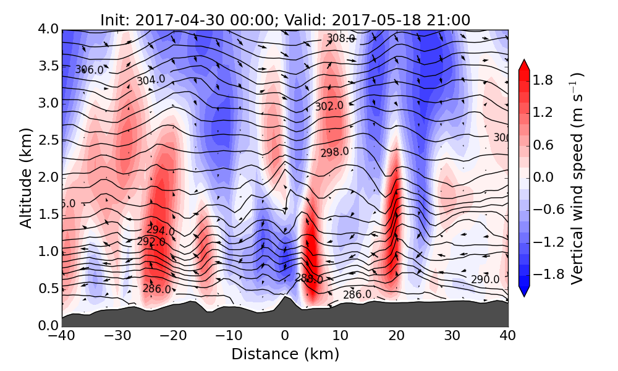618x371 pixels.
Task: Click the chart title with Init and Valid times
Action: coord(285,20)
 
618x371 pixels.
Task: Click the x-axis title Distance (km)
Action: coord(285,354)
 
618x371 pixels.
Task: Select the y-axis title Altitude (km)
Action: coord(25,177)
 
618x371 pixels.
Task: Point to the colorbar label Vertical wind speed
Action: coord(577,178)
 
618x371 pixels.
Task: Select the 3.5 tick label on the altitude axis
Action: coord(45,66)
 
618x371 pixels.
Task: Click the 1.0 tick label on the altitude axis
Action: coord(45,251)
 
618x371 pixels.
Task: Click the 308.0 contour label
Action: coord(341,38)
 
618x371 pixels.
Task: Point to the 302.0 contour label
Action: coord(329,106)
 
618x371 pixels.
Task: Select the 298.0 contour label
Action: coord(334,151)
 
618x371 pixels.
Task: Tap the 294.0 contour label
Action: coord(160,231)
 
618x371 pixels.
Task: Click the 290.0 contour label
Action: coord(485,279)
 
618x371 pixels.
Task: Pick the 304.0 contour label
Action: coord(151,80)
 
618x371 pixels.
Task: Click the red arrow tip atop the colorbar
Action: coord(523,63)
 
